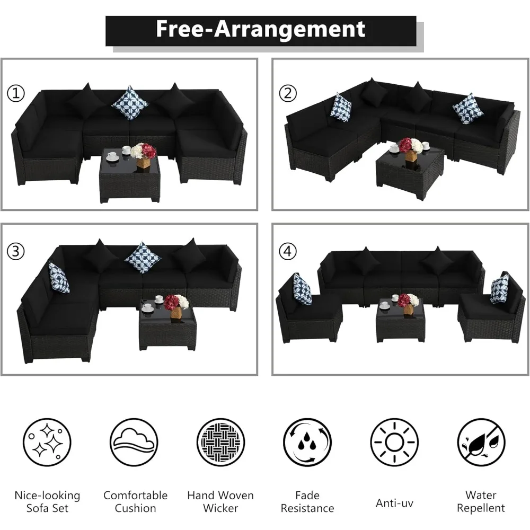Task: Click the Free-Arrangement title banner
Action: click(x=261, y=30)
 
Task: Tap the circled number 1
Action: click(x=16, y=94)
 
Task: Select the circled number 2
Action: click(x=288, y=93)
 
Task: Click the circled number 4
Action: click(x=288, y=252)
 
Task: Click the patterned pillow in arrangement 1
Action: click(x=130, y=103)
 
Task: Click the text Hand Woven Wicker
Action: click(x=220, y=502)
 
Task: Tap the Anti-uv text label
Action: click(x=394, y=502)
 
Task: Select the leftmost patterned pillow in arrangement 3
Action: click(x=59, y=278)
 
